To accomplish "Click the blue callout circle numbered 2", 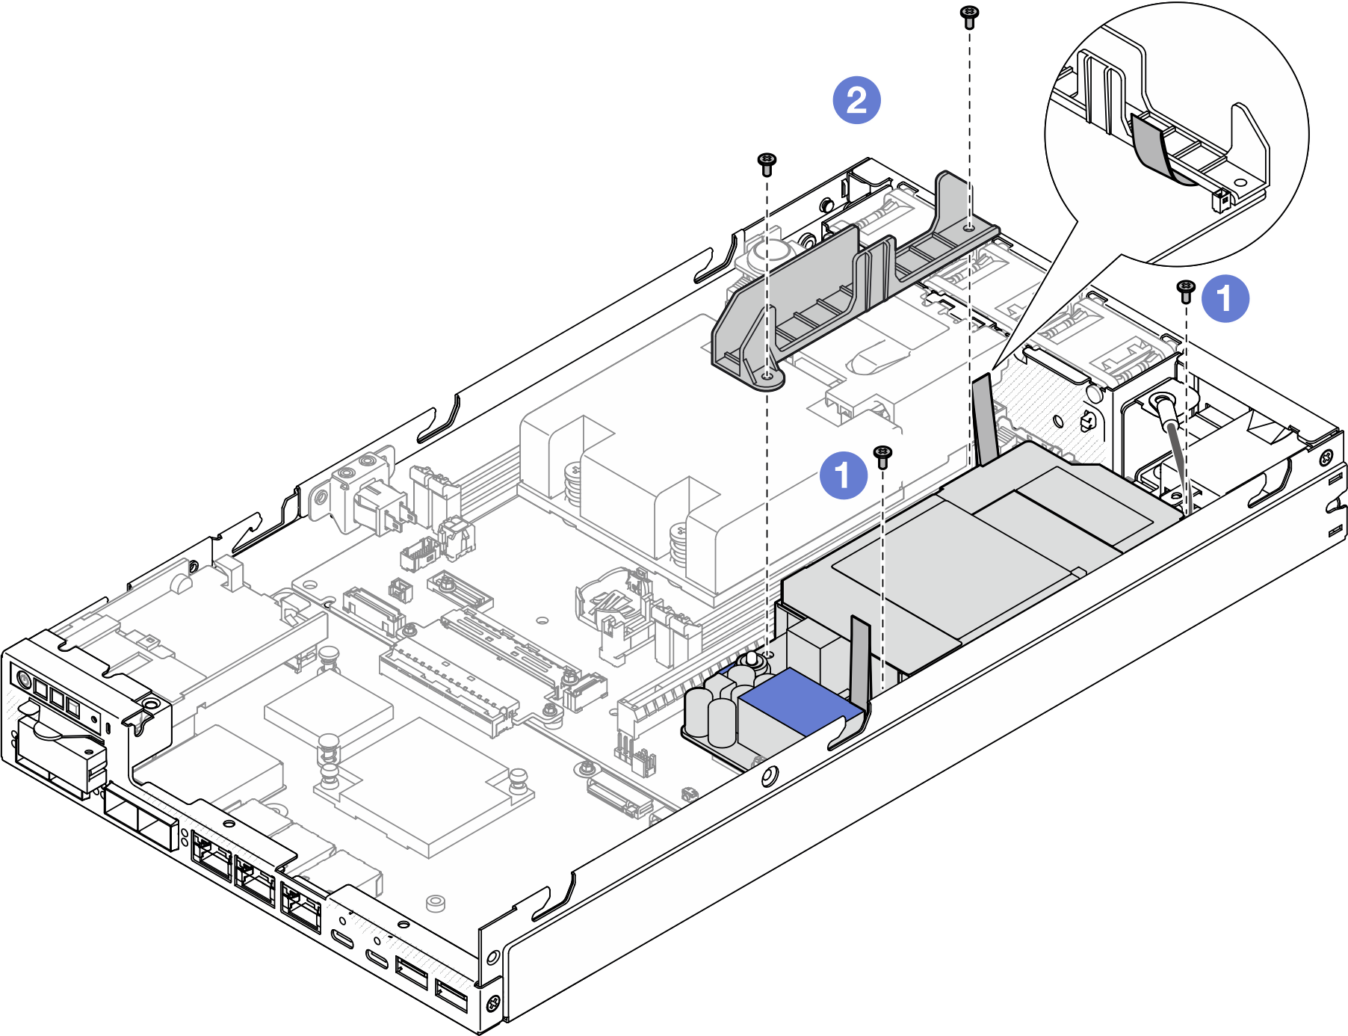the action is [x=856, y=99].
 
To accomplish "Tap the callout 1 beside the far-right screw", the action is [x=1225, y=298].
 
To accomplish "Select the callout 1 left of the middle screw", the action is [x=844, y=475].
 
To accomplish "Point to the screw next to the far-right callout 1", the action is [x=1186, y=291].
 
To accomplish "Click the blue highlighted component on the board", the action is [x=797, y=701].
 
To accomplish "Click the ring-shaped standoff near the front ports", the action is [x=436, y=903].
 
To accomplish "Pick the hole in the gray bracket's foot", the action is [x=767, y=377].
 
